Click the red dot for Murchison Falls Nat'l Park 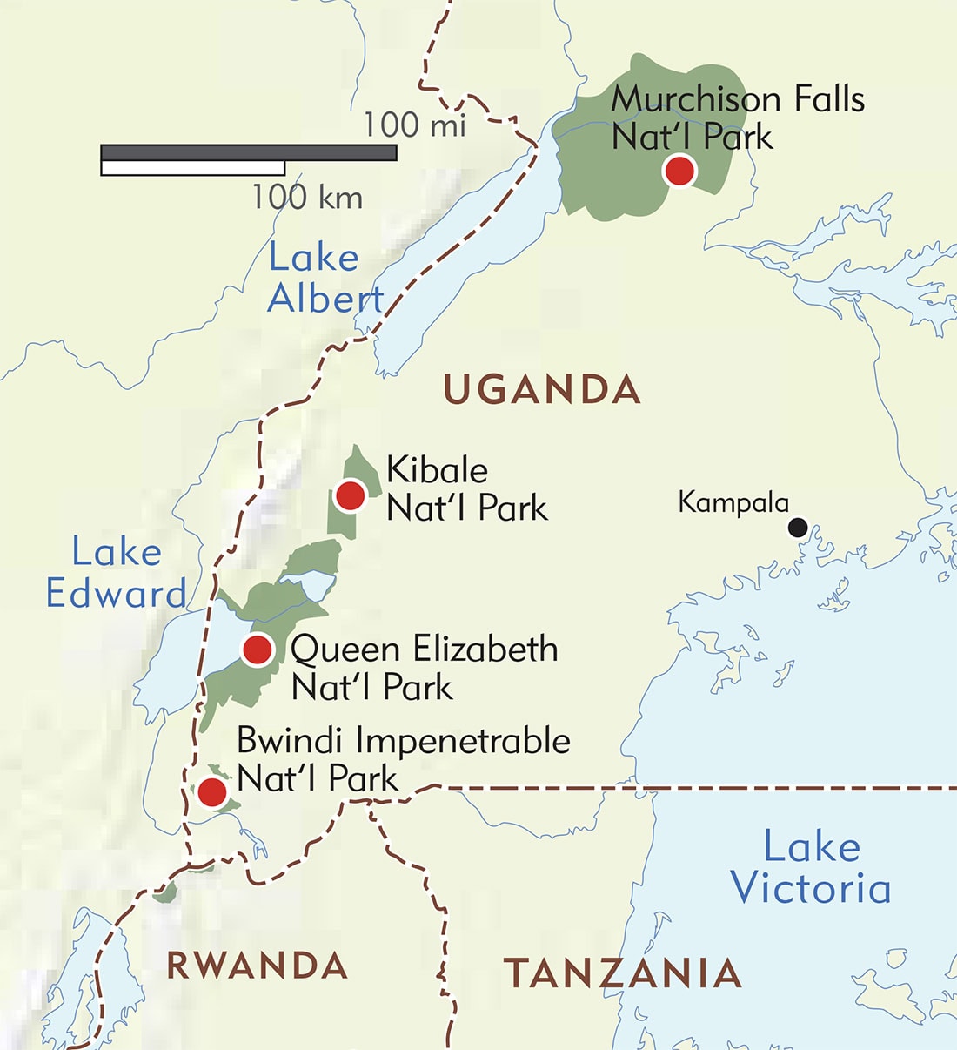(x=679, y=171)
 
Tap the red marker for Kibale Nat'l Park (x=350, y=495)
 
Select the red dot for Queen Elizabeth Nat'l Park (x=257, y=650)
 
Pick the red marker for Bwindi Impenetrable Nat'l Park (x=212, y=792)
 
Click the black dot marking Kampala (x=797, y=527)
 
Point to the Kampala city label (x=733, y=503)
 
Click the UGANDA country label (x=542, y=389)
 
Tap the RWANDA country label (x=258, y=966)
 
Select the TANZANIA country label (x=623, y=973)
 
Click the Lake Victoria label (x=811, y=868)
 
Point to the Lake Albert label (x=325, y=279)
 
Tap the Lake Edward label (x=117, y=573)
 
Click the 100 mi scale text (x=414, y=125)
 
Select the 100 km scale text (x=307, y=198)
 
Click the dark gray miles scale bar (x=249, y=152)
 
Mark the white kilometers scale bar (x=192, y=168)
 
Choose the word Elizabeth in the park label (x=485, y=650)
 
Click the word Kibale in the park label (x=437, y=470)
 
